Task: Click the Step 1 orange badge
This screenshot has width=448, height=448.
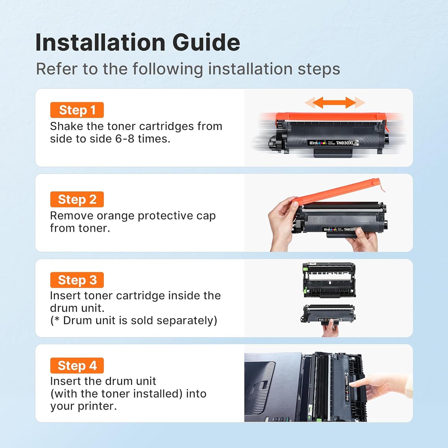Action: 77,110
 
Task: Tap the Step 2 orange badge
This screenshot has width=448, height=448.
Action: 77,199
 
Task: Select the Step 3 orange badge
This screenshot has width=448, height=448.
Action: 77,280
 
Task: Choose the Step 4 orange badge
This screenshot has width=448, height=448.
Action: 77,366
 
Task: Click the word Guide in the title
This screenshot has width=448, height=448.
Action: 206,42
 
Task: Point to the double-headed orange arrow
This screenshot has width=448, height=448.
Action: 335,103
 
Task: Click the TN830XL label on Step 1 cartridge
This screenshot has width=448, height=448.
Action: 345,143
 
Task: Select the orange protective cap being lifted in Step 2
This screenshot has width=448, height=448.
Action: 338,189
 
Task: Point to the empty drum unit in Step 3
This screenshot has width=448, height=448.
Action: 329,280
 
